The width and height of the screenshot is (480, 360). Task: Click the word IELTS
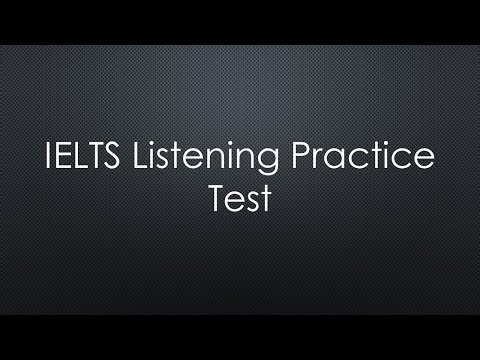pos(77,159)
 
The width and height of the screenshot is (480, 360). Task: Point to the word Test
pos(239,199)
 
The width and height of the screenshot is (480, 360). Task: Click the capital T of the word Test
pos(217,199)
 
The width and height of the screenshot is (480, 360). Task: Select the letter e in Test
pos(235,202)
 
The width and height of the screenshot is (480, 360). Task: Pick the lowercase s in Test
pos(251,202)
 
